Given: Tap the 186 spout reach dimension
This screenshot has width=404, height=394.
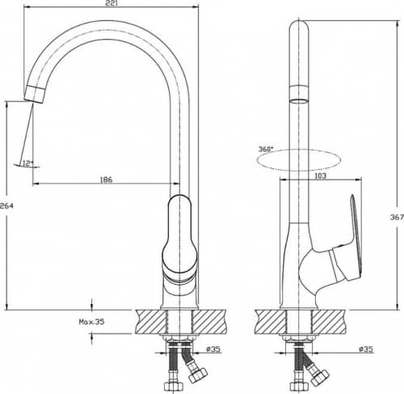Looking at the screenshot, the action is [x=106, y=180].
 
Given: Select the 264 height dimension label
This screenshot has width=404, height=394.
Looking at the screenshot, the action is [x=6, y=205].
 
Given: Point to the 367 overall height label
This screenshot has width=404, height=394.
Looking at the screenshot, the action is [x=397, y=217].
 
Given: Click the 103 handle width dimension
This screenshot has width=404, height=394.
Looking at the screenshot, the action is [x=320, y=176].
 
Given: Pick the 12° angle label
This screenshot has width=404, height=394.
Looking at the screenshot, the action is [x=27, y=163].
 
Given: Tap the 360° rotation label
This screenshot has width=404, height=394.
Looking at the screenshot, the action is [x=266, y=149].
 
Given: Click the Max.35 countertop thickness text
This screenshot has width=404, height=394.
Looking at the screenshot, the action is [x=91, y=321].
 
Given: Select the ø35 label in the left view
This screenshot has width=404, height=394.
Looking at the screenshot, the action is [x=213, y=350].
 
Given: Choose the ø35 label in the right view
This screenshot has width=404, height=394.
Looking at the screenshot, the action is [x=366, y=350].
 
